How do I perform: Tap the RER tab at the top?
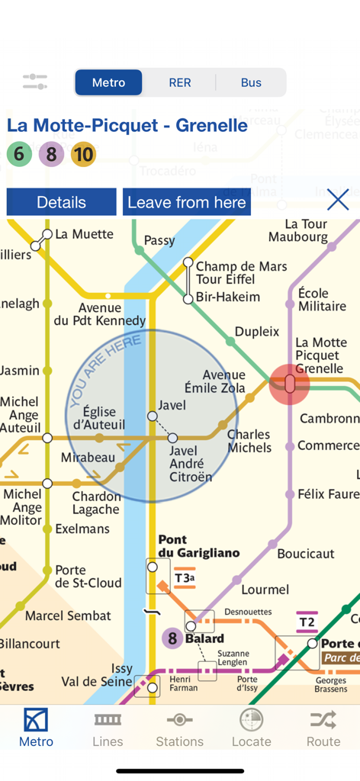point(180,82)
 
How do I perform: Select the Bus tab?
point(251,82)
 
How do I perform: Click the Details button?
point(62,202)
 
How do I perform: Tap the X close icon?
point(337,201)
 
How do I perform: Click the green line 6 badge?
point(19,155)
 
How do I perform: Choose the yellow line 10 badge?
point(83,155)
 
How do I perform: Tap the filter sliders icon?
point(35,82)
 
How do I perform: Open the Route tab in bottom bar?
point(323,728)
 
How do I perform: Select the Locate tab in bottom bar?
point(251,728)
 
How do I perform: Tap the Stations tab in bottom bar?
point(179,728)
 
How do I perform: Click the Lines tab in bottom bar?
point(108,728)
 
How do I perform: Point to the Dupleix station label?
point(257,332)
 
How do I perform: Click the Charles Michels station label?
point(249,441)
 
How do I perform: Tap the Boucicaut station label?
point(306,554)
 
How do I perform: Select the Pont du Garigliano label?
point(188,546)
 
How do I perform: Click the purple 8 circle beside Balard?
point(172,638)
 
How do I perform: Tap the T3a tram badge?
point(185,578)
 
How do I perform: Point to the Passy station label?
point(159,240)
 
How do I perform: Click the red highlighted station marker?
point(290,384)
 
